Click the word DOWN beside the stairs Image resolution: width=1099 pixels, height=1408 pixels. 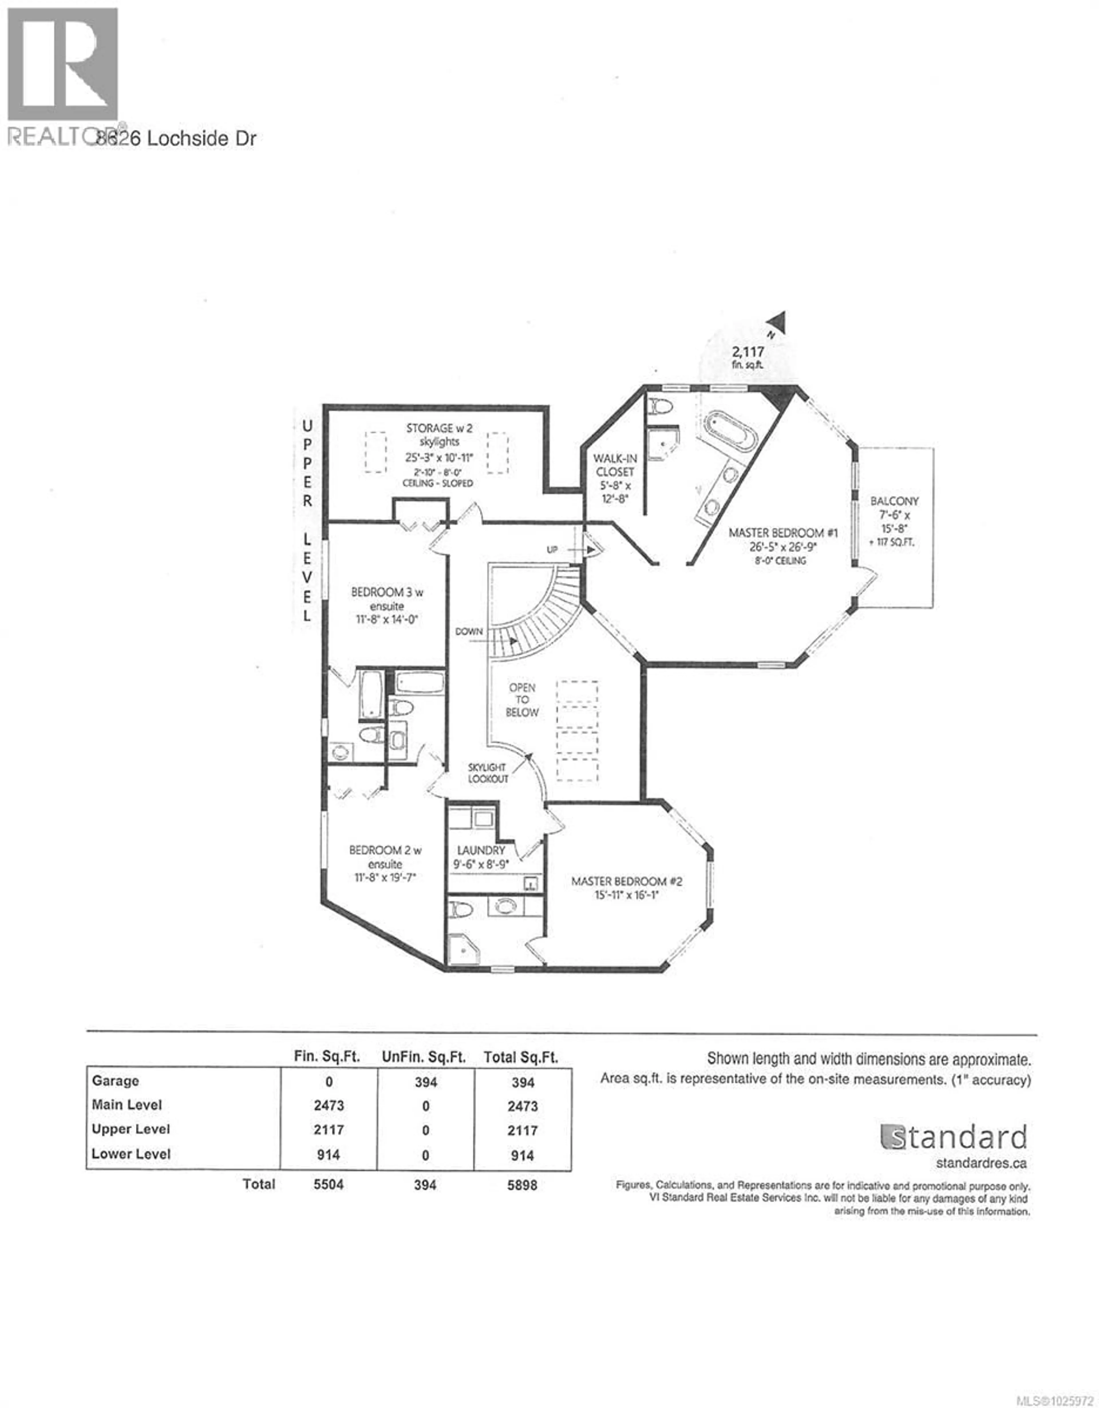coord(469,631)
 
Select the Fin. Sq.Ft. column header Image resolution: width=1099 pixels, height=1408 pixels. coord(327,1057)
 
